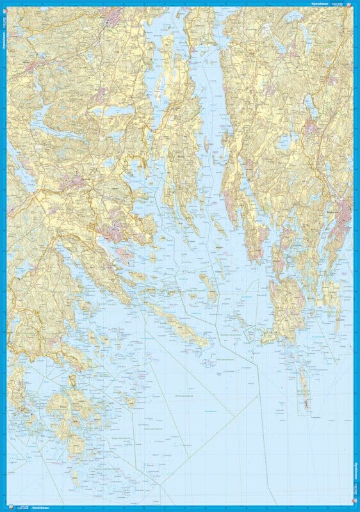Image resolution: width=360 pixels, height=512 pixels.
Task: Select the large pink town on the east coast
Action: (x=343, y=214)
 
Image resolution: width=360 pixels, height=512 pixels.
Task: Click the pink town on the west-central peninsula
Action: (x=115, y=234)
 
